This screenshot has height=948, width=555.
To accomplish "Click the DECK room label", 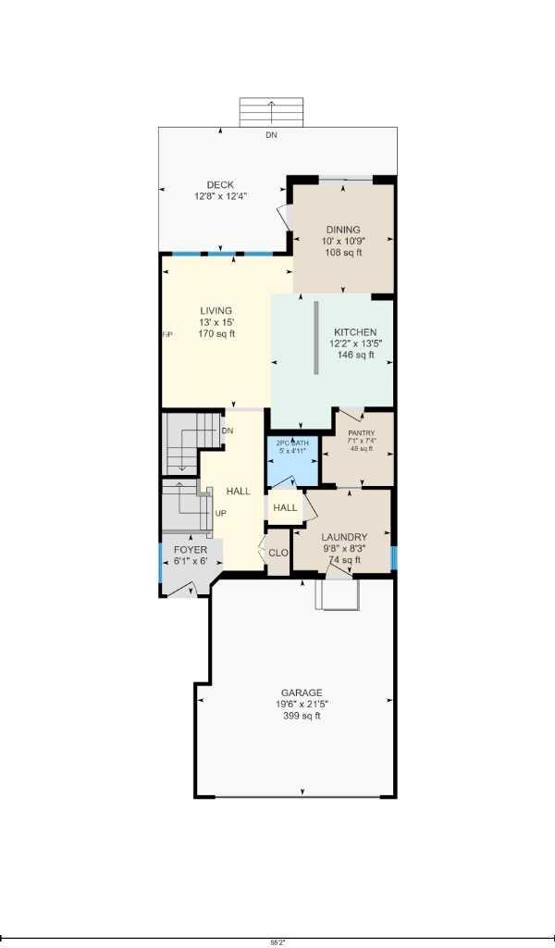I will pyautogui.click(x=220, y=185).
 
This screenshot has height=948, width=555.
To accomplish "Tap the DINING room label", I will pyautogui.click(x=342, y=230).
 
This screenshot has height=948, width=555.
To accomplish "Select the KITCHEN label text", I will pyautogui.click(x=355, y=332).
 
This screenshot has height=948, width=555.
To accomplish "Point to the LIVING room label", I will pyautogui.click(x=216, y=311).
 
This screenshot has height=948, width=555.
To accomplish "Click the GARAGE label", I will pyautogui.click(x=302, y=692).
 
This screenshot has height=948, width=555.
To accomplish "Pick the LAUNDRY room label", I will pyautogui.click(x=344, y=537).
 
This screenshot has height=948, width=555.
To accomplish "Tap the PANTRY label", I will pyautogui.click(x=361, y=432).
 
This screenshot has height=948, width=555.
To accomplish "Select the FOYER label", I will pyautogui.click(x=191, y=550).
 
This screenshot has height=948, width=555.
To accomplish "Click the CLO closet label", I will pyautogui.click(x=278, y=553).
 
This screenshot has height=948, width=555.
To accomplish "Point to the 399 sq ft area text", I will pyautogui.click(x=302, y=715).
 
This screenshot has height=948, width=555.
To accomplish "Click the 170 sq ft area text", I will pyautogui.click(x=216, y=333).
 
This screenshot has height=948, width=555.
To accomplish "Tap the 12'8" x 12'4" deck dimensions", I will pyautogui.click(x=220, y=196).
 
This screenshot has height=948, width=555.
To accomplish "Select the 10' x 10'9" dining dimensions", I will pyautogui.click(x=342, y=241).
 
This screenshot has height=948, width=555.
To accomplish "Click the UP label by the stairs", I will pyautogui.click(x=221, y=513).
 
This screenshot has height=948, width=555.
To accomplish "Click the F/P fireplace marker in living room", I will pyautogui.click(x=167, y=334).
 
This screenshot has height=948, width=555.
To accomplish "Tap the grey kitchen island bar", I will pyautogui.click(x=315, y=338).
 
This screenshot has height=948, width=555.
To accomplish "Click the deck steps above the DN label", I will pyautogui.click(x=271, y=111).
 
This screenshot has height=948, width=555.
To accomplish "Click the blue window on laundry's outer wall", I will pyautogui.click(x=393, y=557).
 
